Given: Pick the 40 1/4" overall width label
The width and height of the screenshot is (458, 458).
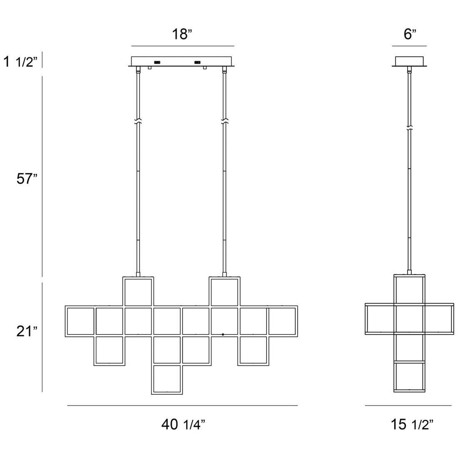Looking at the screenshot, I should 183,425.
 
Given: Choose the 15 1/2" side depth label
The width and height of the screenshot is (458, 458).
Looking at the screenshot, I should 412,425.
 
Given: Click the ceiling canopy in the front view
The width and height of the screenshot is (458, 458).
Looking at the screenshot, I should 183,61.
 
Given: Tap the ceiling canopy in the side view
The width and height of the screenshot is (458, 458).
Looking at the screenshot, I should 410,61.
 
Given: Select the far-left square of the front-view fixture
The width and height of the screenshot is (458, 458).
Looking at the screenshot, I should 80,321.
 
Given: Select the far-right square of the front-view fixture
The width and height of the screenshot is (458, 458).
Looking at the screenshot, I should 282,321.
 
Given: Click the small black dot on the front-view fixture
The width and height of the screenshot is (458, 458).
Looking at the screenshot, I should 223,334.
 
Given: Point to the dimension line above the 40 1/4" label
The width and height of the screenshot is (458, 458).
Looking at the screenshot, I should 183,405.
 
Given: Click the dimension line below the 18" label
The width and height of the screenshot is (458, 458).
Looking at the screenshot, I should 183,46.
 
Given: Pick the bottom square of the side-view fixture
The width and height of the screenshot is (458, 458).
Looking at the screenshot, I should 410,377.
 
